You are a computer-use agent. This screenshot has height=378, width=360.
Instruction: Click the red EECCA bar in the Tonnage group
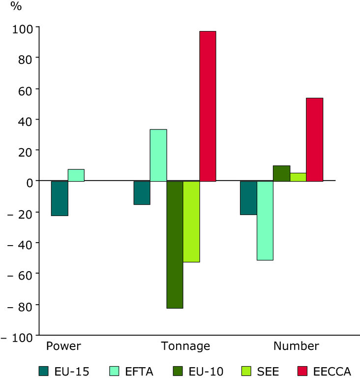pyautogui.click(x=208, y=106)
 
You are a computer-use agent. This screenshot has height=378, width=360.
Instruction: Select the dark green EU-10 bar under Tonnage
pyautogui.click(x=175, y=244)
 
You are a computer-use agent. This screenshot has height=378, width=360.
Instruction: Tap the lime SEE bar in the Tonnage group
pyautogui.click(x=191, y=221)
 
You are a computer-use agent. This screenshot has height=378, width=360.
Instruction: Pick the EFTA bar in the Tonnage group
pyautogui.click(x=158, y=155)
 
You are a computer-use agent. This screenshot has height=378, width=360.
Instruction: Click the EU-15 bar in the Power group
pyautogui.click(x=60, y=198)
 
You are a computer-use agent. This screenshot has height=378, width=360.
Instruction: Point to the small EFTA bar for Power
pyautogui.click(x=76, y=175)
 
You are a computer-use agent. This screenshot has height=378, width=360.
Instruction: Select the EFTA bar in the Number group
pyautogui.click(x=265, y=220)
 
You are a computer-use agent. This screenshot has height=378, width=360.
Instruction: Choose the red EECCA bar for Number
pyautogui.click(x=314, y=139)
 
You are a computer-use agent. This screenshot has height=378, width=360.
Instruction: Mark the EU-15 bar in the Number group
pyautogui.click(x=248, y=198)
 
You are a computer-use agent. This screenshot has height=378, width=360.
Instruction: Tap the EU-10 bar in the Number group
pyautogui.click(x=281, y=173)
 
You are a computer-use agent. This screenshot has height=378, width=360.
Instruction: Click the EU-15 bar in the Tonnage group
pyautogui.click(x=142, y=192)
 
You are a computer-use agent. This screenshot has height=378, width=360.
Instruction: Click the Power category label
pyautogui.click(x=63, y=346)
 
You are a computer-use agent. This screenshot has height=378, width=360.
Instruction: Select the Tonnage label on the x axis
pyautogui.click(x=185, y=346)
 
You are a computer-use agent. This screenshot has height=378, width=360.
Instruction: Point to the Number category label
pyautogui.click(x=296, y=346)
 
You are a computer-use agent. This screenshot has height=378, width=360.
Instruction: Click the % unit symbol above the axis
pyautogui.click(x=17, y=7)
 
